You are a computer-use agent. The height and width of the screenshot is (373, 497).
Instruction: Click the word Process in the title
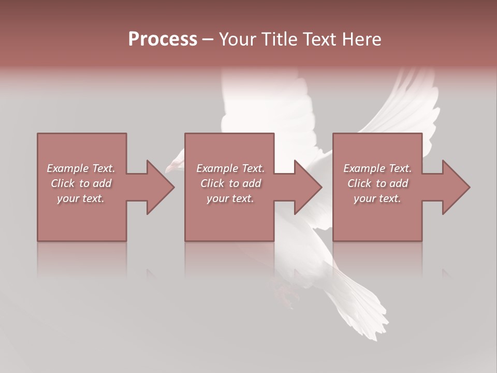[x=163, y=39]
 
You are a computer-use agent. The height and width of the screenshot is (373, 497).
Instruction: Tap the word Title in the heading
[x=279, y=39]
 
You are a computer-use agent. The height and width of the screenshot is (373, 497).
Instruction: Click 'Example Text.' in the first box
[x=81, y=168]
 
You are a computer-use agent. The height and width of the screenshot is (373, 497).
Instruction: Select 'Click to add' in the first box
[x=81, y=183]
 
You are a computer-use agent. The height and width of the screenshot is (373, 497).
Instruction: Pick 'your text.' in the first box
[x=81, y=198]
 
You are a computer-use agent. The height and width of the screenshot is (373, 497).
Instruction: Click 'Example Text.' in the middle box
[x=230, y=168]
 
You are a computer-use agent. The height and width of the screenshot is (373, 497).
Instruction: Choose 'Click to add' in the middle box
[x=230, y=183]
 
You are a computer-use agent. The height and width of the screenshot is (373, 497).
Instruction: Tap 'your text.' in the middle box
[x=230, y=198]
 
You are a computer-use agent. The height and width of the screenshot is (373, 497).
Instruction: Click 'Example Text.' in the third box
[x=377, y=168]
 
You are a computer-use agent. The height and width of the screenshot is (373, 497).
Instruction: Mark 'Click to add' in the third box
[x=377, y=183]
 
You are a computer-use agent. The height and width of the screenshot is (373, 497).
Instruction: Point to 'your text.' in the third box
[x=377, y=198]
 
